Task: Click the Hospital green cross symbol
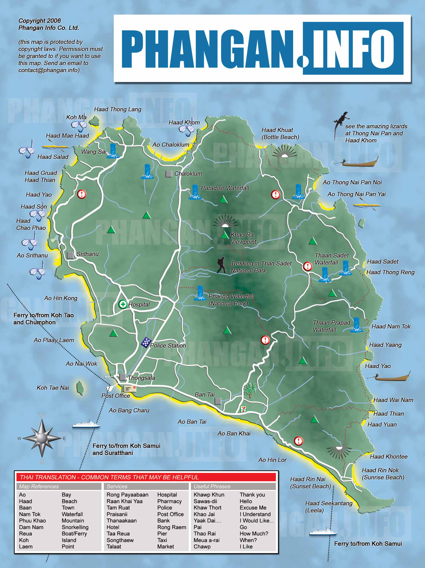[123, 304]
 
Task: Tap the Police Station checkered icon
[146, 342]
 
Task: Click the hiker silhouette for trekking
[221, 265]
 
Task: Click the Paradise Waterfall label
[225, 188]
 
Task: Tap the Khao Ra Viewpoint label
[243, 238]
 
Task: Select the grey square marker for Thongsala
[123, 377]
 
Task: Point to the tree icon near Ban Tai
[250, 390]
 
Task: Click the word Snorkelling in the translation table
[75, 527]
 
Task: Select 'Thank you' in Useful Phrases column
[252, 495]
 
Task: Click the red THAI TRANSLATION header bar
[146, 477]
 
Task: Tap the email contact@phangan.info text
[49, 70]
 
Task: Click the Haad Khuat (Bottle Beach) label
[280, 134]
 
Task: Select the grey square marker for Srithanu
[70, 255]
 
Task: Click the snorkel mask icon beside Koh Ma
[79, 125]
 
